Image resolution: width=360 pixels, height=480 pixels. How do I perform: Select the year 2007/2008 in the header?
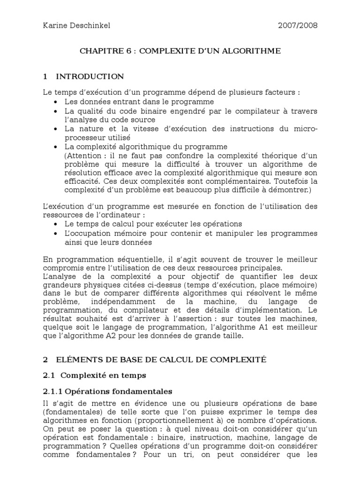(x=298, y=26)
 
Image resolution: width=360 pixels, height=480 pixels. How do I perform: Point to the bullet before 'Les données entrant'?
(x=57, y=102)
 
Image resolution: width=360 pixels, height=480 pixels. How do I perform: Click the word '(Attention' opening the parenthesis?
(x=83, y=155)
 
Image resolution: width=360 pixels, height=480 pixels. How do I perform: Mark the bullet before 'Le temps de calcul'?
(x=57, y=224)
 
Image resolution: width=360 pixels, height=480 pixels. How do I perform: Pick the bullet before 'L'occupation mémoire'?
(x=57, y=233)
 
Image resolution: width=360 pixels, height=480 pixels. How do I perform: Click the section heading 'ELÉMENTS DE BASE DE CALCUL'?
(x=161, y=360)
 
